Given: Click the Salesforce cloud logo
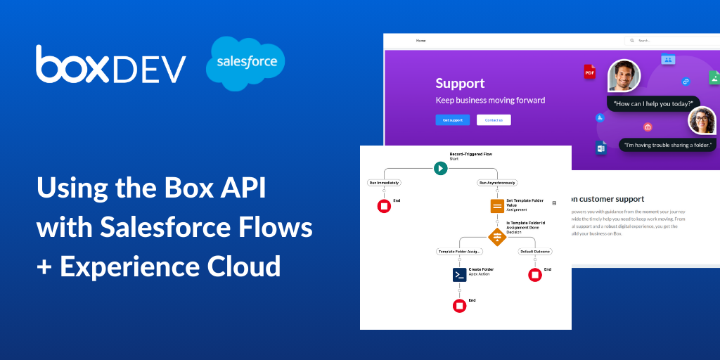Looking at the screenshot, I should (x=245, y=63).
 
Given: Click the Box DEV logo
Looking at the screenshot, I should (x=111, y=65).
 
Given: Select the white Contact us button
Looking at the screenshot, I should (x=494, y=120).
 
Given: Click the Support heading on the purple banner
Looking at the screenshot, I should (x=460, y=84).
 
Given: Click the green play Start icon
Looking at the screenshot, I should (x=440, y=168).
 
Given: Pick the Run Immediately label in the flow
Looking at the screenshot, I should (x=384, y=183).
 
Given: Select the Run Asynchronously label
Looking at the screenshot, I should (x=497, y=183).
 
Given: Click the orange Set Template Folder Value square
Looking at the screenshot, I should (x=497, y=206).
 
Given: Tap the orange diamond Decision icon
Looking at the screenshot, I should (x=497, y=237).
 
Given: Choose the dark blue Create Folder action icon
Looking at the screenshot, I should (x=459, y=275).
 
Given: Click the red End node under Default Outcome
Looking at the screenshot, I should (x=535, y=275).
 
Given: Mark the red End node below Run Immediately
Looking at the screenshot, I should (x=384, y=206).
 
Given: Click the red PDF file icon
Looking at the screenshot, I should (x=589, y=72).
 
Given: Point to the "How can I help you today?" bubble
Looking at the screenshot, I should (x=653, y=104).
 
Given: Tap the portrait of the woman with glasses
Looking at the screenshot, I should (x=702, y=120).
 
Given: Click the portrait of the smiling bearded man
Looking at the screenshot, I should (x=624, y=75).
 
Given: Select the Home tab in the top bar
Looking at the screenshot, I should (x=420, y=41).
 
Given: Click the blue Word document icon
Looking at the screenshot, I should (x=601, y=148).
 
